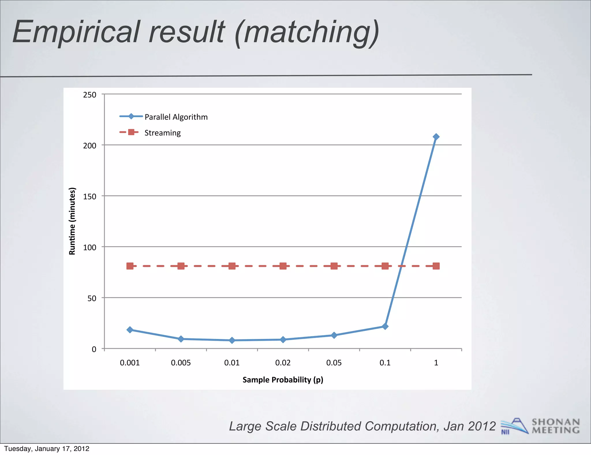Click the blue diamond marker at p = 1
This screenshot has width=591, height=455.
(x=436, y=137)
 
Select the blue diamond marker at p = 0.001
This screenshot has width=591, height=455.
(x=130, y=330)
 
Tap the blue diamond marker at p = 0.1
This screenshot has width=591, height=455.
(x=385, y=326)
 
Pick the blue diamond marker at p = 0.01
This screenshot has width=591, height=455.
(x=232, y=340)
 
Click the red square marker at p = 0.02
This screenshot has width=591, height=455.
(x=283, y=266)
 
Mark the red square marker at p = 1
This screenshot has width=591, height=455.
(x=436, y=266)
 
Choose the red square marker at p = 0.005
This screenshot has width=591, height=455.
(x=181, y=266)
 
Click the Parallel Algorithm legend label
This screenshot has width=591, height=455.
(x=176, y=117)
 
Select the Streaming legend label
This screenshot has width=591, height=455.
(x=162, y=133)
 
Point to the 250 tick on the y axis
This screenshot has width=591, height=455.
(x=90, y=95)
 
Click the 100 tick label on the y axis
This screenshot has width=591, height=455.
(x=90, y=247)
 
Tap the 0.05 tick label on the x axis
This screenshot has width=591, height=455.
(x=334, y=363)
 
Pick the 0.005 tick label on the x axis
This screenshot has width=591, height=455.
(x=181, y=363)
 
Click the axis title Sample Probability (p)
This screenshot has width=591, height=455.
(x=283, y=380)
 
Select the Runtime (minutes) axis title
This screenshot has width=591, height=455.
(x=72, y=221)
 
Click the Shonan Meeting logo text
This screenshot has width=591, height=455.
(x=556, y=426)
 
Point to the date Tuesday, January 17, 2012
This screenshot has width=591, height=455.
(x=47, y=449)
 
